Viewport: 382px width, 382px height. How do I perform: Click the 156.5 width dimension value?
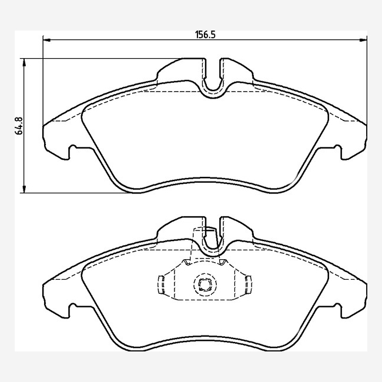(x=206, y=35)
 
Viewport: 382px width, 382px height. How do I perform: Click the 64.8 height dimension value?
(x=19, y=126)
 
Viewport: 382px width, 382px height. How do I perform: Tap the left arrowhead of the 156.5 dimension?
(x=46, y=40)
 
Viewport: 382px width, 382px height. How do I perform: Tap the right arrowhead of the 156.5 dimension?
(x=363, y=40)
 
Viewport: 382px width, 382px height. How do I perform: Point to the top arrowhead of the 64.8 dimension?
(x=24, y=62)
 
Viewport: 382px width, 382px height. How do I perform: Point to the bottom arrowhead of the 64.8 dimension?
(x=24, y=189)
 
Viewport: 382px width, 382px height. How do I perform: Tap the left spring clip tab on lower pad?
(x=161, y=284)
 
